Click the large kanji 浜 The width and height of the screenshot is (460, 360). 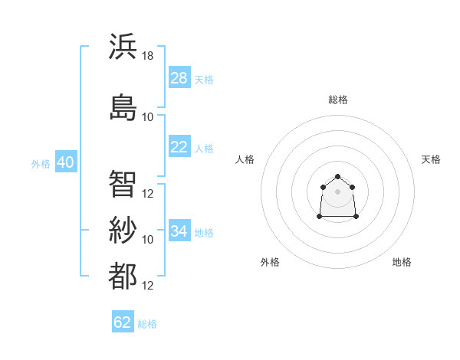[123, 46]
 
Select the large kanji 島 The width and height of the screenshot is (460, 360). [123, 107]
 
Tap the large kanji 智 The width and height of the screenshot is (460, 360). [123, 184]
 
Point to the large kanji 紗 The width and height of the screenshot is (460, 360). [123, 230]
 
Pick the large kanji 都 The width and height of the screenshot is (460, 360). [123, 276]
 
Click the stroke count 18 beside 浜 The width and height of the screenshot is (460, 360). [147, 56]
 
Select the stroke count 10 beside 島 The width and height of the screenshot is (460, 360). [147, 117]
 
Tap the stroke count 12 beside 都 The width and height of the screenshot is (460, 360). [147, 286]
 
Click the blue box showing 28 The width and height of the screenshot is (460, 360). [179, 77]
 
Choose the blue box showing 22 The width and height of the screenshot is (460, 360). [179, 146]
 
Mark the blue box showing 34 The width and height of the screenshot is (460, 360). [179, 230]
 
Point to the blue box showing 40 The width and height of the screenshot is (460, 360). [66, 162]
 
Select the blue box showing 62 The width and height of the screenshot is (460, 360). [123, 321]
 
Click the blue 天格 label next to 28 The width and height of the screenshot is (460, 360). [204, 80]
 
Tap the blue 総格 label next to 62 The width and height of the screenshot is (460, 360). [147, 324]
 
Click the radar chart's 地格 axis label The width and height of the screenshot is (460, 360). [402, 262]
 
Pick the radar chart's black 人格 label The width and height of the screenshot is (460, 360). [245, 159]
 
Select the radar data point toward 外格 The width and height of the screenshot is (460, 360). [320, 216]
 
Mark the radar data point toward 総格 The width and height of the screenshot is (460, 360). [337, 176]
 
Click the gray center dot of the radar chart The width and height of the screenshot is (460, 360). [337, 191]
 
